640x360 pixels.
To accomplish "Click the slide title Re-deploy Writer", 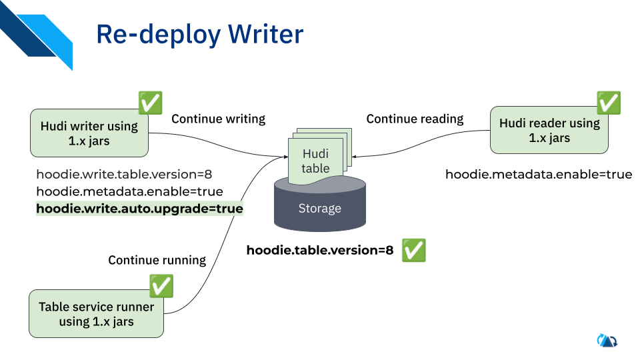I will tap(199, 35).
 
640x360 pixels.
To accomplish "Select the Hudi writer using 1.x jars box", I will tap(89, 133).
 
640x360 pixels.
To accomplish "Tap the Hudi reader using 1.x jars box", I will tap(549, 131).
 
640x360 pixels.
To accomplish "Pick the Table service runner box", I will tap(96, 314).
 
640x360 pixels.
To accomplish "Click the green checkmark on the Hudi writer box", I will tap(150, 103).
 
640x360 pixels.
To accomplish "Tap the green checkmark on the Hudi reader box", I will tap(608, 103).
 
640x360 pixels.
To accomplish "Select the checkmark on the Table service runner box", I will tap(161, 286).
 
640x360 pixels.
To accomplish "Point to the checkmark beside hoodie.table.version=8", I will tap(413, 250).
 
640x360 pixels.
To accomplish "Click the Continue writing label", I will tap(218, 119).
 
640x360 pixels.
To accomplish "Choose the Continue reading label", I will tap(415, 119).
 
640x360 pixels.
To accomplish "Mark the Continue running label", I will tap(157, 260).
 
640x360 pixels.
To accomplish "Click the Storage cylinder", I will tap(319, 209).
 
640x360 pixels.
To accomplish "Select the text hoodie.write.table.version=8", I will tap(124, 175).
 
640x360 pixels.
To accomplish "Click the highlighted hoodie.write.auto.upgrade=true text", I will tap(139, 209).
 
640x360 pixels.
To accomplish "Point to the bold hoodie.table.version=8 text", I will tap(320, 251).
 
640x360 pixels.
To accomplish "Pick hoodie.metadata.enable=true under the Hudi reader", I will tap(538, 175).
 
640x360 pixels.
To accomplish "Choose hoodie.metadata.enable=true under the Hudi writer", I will tap(129, 192).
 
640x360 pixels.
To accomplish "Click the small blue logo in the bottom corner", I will tap(607, 340).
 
